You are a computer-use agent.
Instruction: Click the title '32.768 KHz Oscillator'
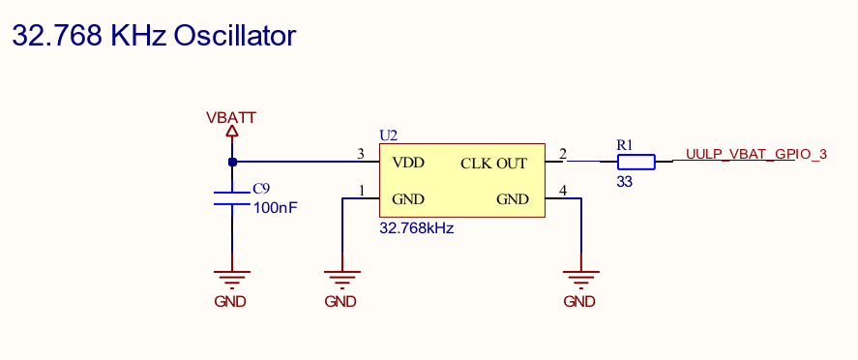(x=153, y=36)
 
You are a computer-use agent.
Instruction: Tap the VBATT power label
(x=231, y=118)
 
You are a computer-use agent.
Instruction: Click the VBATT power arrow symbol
(x=231, y=133)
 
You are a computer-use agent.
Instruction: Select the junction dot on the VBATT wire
(x=232, y=162)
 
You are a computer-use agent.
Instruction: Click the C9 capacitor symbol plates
(x=232, y=198)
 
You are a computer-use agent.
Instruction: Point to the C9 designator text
(x=261, y=190)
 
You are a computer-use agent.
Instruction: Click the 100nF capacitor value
(x=275, y=207)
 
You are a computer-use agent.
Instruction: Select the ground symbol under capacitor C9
(x=231, y=279)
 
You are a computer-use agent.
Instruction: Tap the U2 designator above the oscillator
(x=388, y=135)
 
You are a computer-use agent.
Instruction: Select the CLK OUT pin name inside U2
(x=493, y=163)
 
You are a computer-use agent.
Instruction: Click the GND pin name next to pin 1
(x=408, y=199)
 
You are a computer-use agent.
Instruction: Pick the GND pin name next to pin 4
(x=513, y=199)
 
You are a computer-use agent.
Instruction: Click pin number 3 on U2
(x=361, y=154)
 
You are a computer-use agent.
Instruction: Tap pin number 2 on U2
(x=563, y=154)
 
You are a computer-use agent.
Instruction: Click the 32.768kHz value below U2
(x=417, y=229)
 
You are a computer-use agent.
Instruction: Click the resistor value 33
(x=624, y=181)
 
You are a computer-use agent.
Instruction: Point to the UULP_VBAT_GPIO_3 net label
(x=756, y=154)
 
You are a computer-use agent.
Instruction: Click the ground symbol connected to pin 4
(x=579, y=279)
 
